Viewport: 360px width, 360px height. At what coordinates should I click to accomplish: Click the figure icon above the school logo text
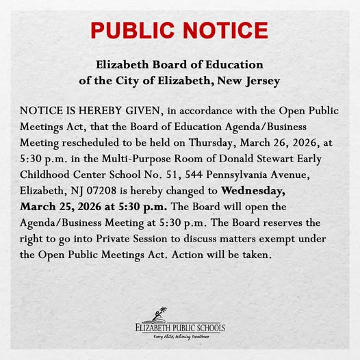point(161,314)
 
